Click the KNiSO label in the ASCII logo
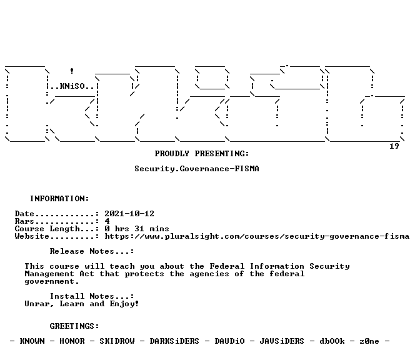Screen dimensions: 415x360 (72, 86)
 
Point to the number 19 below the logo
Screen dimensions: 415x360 (394, 146)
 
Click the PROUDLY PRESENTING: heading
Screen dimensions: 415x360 (202, 154)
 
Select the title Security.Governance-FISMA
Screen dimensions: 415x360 (197, 169)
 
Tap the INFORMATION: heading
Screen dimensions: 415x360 (59, 199)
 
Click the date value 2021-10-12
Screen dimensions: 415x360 (129, 214)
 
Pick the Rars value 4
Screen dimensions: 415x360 (107, 221)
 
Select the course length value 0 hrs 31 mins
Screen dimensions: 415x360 (137, 229)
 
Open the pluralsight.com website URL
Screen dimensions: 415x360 (257, 236)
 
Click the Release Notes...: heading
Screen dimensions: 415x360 (92, 251)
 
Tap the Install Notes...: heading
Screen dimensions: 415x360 (92, 296)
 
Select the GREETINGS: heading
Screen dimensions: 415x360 (74, 326)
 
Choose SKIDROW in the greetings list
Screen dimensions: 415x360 (117, 341)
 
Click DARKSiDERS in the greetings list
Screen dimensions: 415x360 (174, 341)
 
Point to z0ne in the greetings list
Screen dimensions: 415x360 (369, 341)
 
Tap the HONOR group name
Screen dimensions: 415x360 (72, 341)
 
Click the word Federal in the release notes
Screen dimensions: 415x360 (227, 266)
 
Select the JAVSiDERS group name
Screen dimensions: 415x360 (282, 341)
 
